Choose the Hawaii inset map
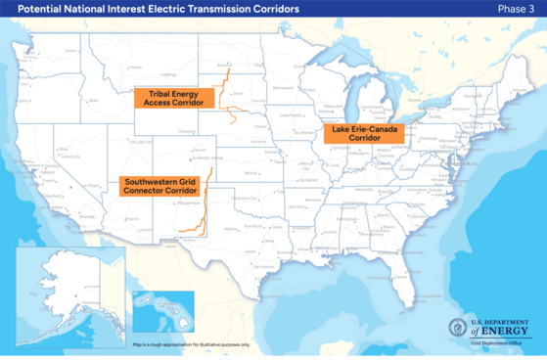click(x=162, y=312)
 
